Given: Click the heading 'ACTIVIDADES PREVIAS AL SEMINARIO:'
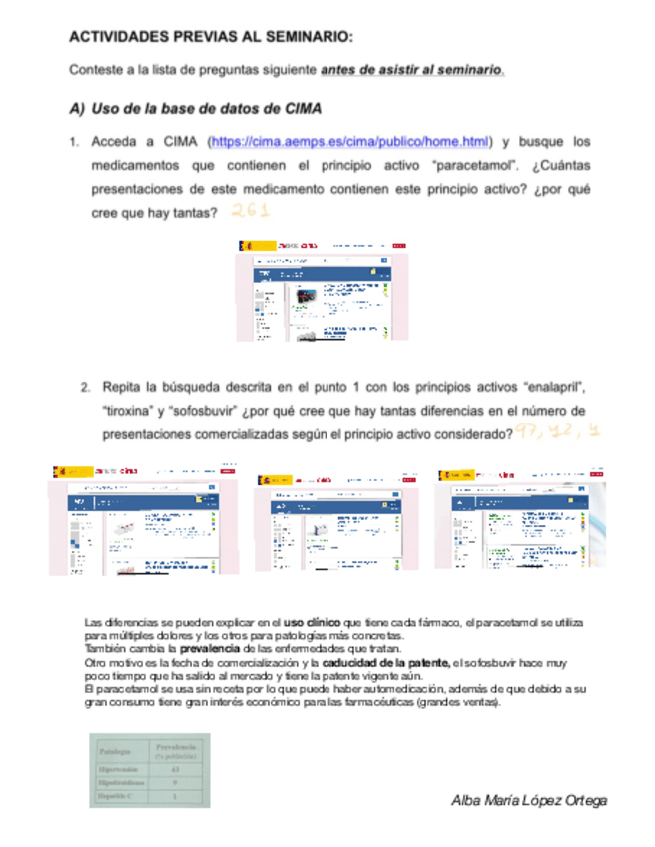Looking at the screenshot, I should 210,37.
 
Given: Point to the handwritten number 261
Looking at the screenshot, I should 250,211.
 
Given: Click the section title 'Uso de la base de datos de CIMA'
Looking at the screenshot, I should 206,108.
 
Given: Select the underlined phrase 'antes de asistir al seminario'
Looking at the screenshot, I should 411,70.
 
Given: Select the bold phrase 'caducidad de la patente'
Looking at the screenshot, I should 385,662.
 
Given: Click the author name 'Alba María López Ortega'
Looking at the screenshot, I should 529,800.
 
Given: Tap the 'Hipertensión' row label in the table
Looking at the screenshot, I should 118,770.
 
